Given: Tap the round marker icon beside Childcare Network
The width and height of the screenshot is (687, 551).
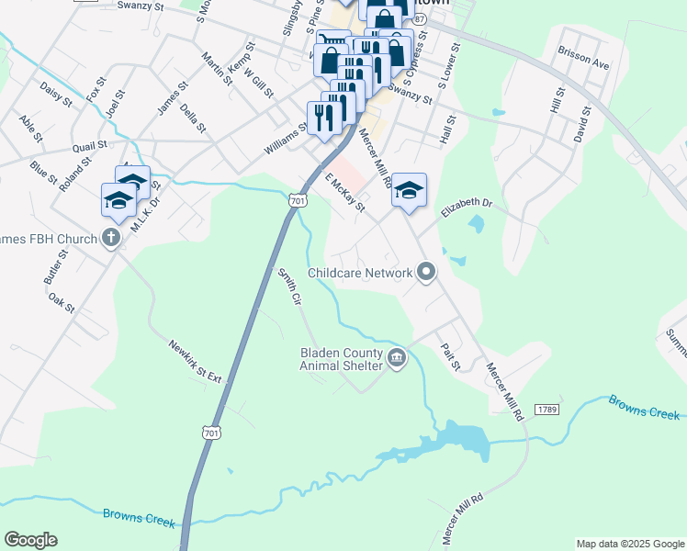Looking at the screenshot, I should pos(425,271).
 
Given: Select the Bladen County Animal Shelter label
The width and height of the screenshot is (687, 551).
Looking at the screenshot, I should pos(341,358).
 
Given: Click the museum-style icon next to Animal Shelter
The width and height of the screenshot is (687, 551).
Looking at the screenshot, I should pos(396,358).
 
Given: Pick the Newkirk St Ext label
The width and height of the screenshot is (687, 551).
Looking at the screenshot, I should pos(196,361).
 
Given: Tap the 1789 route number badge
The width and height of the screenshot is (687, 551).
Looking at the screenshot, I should pos(546,408).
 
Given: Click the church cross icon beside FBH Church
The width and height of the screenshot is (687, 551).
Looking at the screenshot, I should pos(110,240).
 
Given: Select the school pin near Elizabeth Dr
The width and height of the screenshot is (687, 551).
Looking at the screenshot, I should pos(410,191).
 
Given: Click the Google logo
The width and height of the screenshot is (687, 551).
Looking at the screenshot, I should pos(30,540).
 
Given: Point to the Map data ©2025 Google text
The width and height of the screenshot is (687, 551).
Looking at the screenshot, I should pos(629,544).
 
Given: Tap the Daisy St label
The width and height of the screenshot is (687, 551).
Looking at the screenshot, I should pos(55,94).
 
